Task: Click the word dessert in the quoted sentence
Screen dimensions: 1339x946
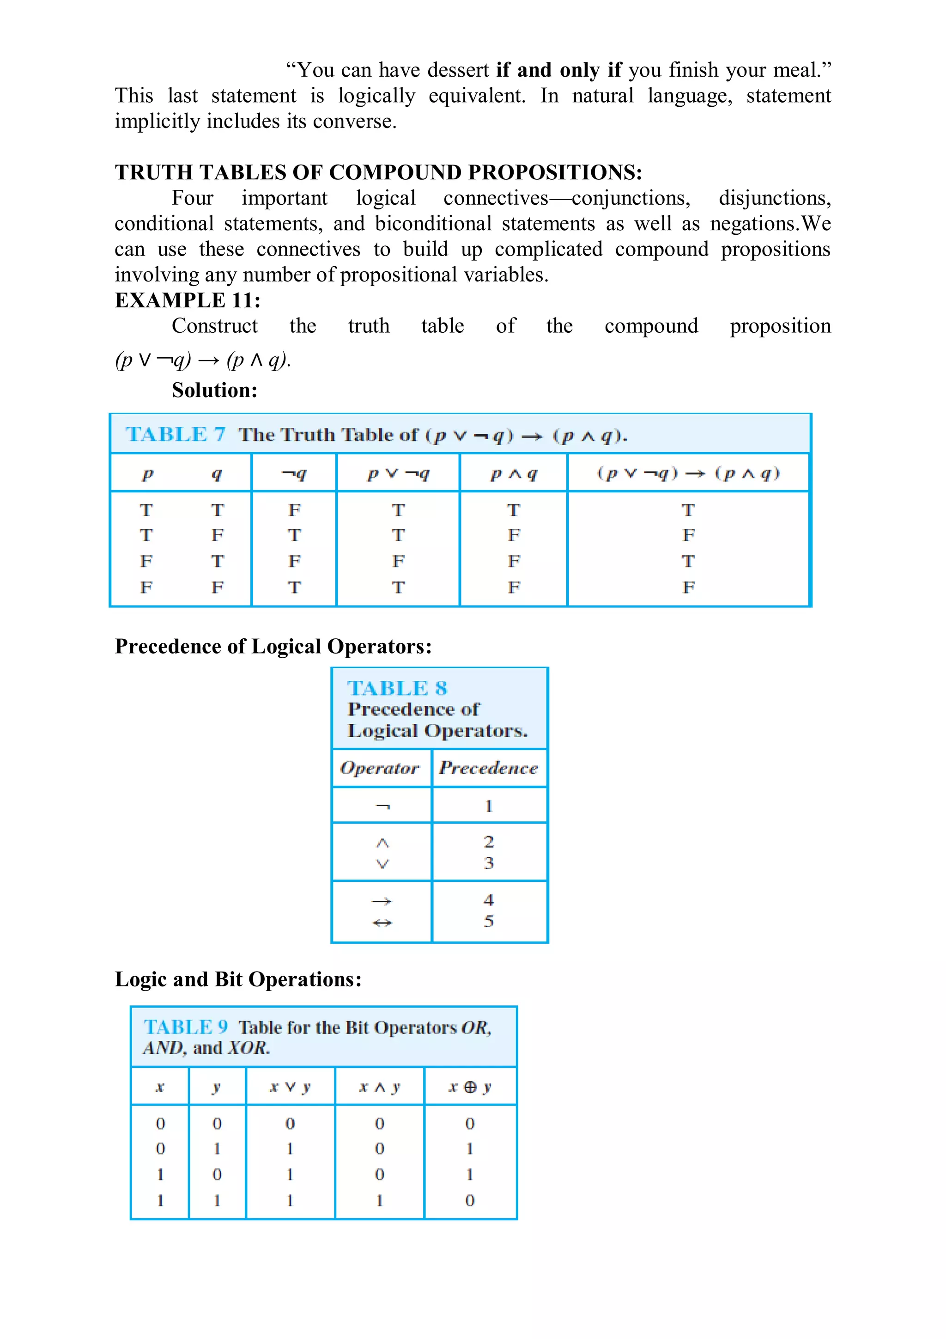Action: [458, 70]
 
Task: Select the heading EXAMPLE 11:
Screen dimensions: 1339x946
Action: [188, 300]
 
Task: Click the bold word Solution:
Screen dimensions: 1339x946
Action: [214, 390]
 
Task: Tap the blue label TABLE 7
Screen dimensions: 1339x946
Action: [176, 434]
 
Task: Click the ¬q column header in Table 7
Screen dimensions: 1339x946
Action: [294, 474]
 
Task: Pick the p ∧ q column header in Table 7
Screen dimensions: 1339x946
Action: [514, 474]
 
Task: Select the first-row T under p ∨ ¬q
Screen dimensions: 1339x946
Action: [398, 510]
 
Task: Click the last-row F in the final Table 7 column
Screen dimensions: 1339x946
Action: [688, 587]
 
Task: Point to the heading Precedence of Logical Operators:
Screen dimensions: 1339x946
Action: [273, 646]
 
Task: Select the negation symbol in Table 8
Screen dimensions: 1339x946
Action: [382, 807]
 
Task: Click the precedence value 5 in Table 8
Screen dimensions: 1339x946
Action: [488, 922]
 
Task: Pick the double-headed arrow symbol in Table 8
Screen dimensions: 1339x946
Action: [382, 923]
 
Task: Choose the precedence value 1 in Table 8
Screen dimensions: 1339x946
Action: [488, 807]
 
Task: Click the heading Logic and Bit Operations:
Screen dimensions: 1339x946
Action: [238, 979]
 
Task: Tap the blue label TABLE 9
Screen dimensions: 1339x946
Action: [185, 1027]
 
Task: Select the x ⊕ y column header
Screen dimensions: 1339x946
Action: [470, 1087]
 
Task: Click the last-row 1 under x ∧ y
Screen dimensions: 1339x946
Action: [379, 1200]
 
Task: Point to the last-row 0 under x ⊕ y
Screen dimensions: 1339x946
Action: [470, 1200]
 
